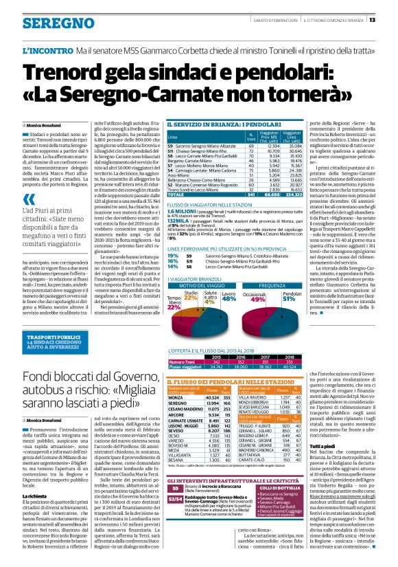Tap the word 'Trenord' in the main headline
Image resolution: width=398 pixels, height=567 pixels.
(x=68, y=72)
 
